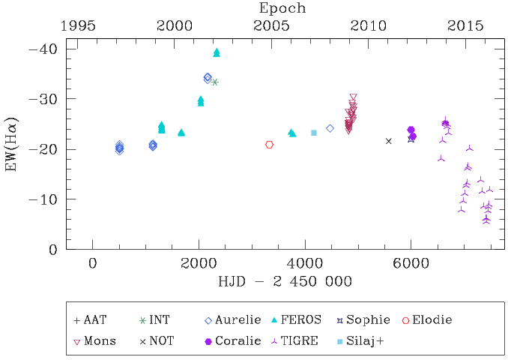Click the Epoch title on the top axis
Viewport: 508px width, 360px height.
tap(282, 8)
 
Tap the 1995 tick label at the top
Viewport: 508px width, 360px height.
tap(78, 25)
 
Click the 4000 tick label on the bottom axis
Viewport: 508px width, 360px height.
tap(305, 264)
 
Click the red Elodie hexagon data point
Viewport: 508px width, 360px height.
tap(269, 145)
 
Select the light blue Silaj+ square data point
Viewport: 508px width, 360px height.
tap(314, 133)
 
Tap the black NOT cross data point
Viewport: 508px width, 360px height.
tap(388, 141)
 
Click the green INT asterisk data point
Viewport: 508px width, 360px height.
tap(215, 82)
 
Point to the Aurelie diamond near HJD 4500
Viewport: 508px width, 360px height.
tap(330, 128)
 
